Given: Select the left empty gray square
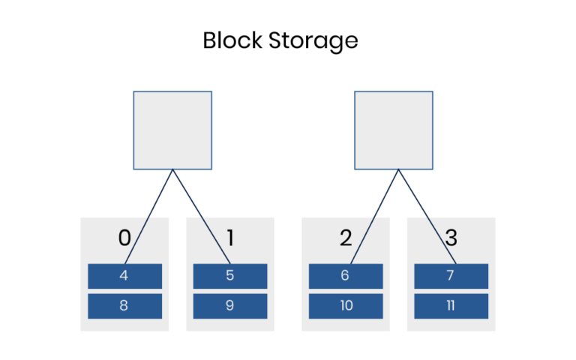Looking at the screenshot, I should [172, 130].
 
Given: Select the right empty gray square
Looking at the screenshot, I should [393, 130].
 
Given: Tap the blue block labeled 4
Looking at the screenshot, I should [124, 276].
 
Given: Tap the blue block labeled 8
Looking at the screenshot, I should [124, 306].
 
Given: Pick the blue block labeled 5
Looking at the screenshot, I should [230, 276].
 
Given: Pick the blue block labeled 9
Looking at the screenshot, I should [230, 306].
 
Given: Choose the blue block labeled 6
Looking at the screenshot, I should [346, 276].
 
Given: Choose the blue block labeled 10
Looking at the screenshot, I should [346, 306].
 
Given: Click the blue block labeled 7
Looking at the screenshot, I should [451, 276].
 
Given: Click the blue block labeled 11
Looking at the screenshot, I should [451, 306].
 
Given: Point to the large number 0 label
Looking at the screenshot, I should [124, 238].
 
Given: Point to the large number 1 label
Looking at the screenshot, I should [230, 238].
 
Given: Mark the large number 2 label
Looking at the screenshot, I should [345, 238].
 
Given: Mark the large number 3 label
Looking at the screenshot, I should [451, 238].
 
